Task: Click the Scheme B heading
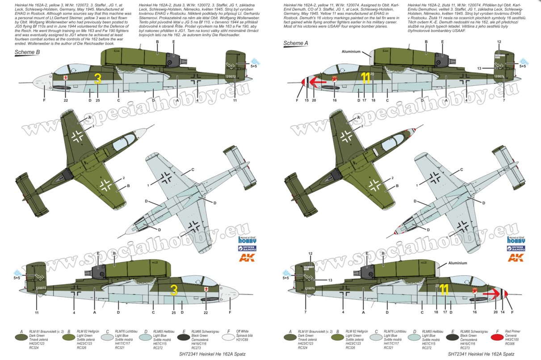click(x=28, y=52)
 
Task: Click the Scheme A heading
click(x=296, y=43)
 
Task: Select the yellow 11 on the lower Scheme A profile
click(x=444, y=291)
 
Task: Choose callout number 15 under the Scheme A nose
click(x=306, y=100)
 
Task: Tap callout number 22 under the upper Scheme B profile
click(x=67, y=100)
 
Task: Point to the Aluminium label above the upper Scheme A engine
click(x=351, y=51)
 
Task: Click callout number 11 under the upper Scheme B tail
click(x=235, y=100)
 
